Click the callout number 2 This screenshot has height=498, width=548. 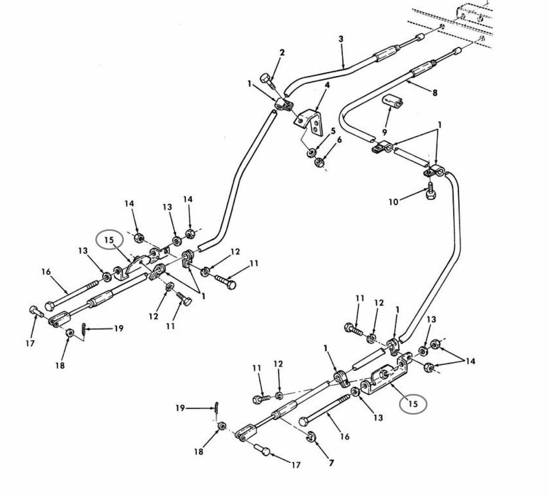pyautogui.click(x=282, y=52)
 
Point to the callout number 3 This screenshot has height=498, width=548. pyautogui.click(x=341, y=39)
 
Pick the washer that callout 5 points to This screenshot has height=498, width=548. pyautogui.click(x=311, y=153)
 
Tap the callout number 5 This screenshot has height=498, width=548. pyautogui.click(x=333, y=131)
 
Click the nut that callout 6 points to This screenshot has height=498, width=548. pyautogui.click(x=319, y=162)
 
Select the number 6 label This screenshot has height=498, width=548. pyautogui.click(x=339, y=140)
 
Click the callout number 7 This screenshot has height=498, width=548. pyautogui.click(x=331, y=463)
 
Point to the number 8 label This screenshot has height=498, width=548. pyautogui.click(x=435, y=93)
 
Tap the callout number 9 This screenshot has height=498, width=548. pyautogui.click(x=384, y=132)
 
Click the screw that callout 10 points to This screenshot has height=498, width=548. pyautogui.click(x=430, y=191)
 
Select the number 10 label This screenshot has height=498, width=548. pyautogui.click(x=393, y=202)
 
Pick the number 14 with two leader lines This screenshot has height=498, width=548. pyautogui.click(x=470, y=361)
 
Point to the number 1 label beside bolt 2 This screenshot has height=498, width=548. pyautogui.click(x=249, y=84)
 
